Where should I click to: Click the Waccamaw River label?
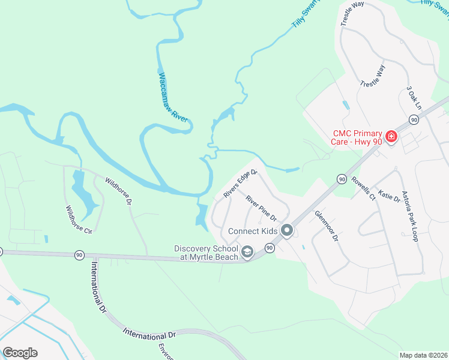click(173, 98)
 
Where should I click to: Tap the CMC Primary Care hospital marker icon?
click(391, 137)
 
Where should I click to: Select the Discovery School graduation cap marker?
click(247, 253)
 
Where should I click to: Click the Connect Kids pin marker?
click(288, 230)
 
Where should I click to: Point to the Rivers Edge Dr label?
click(240, 184)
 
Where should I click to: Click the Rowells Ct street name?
click(364, 188)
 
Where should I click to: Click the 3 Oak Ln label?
click(414, 97)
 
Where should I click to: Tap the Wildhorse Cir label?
click(79, 221)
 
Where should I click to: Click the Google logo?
click(20, 353)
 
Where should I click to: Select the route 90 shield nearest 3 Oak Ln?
click(414, 120)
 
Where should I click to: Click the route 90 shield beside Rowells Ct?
click(342, 179)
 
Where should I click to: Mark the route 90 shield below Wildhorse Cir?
click(79, 255)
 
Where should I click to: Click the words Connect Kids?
click(253, 231)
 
